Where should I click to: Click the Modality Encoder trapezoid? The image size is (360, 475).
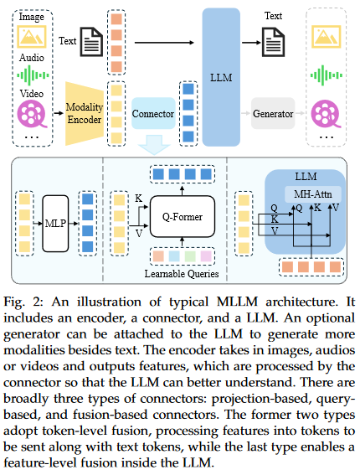click(x=85, y=113)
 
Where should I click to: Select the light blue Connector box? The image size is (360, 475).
click(x=153, y=113)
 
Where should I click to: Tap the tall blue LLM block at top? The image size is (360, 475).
click(x=221, y=77)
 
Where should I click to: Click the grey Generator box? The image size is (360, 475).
click(x=273, y=113)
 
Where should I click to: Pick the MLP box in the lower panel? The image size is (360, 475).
click(x=55, y=224)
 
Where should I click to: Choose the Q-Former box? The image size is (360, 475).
click(x=183, y=217)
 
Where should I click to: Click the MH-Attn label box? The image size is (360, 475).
click(x=313, y=194)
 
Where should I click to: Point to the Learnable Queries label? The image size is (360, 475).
click(x=182, y=274)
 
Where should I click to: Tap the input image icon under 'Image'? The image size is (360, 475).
click(x=32, y=37)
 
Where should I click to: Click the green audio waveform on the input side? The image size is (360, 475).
click(x=33, y=75)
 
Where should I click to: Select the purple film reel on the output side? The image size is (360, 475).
click(x=326, y=114)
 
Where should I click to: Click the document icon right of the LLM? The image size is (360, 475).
click(x=273, y=42)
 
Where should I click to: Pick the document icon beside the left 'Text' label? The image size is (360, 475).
click(x=91, y=42)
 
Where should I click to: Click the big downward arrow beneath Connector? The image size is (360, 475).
click(x=154, y=145)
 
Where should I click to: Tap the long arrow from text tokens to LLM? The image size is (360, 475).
click(x=164, y=43)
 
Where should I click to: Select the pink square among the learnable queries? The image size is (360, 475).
click(x=206, y=256)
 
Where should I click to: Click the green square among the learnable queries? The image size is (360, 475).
click(x=190, y=256)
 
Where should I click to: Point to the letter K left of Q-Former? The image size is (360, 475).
click(x=138, y=198)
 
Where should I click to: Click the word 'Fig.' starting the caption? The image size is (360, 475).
click(x=13, y=302)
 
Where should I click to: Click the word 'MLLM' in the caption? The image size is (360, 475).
click(x=237, y=302)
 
